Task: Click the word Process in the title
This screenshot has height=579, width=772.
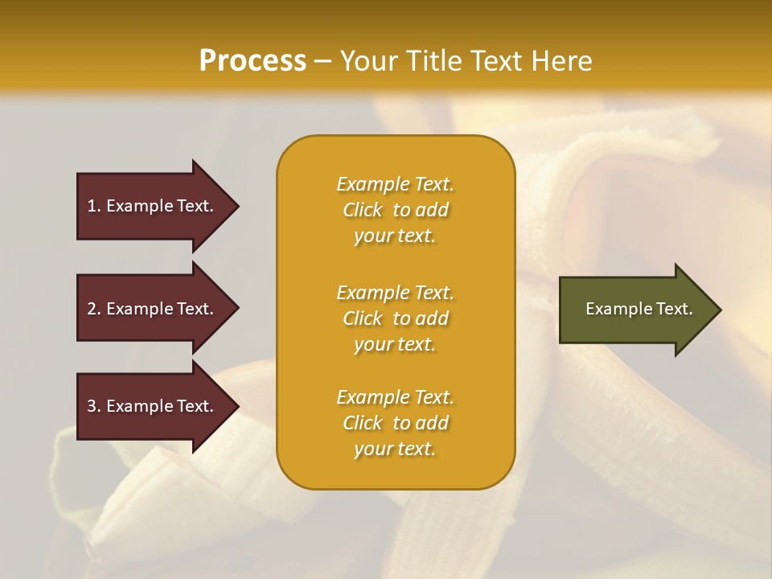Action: coord(253,61)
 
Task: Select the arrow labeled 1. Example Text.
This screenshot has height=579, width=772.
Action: coord(153,206)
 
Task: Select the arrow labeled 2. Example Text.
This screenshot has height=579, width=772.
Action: coord(153,309)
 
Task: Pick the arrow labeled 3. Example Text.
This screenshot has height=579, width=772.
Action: coord(153,407)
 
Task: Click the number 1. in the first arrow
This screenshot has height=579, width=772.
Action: coord(94,206)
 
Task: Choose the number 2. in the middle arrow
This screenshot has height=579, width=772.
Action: coord(94,309)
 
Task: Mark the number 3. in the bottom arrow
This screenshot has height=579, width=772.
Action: coord(94,407)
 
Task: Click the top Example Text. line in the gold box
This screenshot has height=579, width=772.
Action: coord(395,184)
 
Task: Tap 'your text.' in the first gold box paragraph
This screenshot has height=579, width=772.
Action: coord(395,236)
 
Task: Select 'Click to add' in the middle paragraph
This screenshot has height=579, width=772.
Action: coord(395,318)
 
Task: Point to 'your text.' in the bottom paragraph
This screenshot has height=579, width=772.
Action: coord(395,450)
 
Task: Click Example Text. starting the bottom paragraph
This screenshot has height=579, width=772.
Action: coord(395,397)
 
